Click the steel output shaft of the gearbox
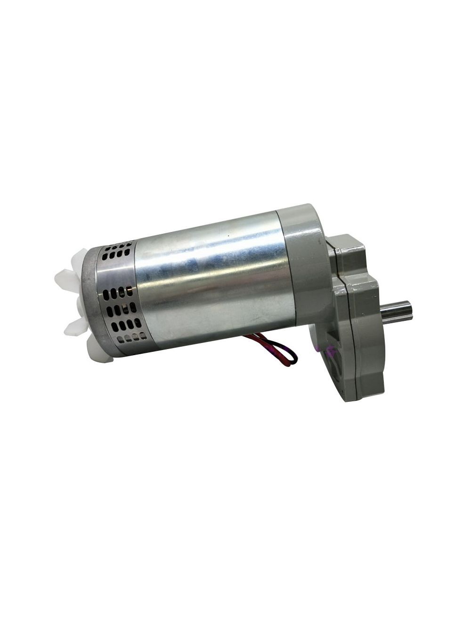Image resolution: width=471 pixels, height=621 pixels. click(x=396, y=313)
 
